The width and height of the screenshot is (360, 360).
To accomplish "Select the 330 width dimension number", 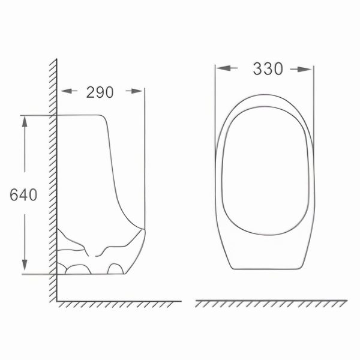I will [x=267, y=69].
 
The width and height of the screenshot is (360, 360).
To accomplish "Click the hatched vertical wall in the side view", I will [x=53, y=180].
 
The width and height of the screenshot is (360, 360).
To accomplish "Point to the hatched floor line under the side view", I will [x=120, y=302].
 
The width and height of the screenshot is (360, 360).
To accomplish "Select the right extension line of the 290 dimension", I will [x=144, y=156].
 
